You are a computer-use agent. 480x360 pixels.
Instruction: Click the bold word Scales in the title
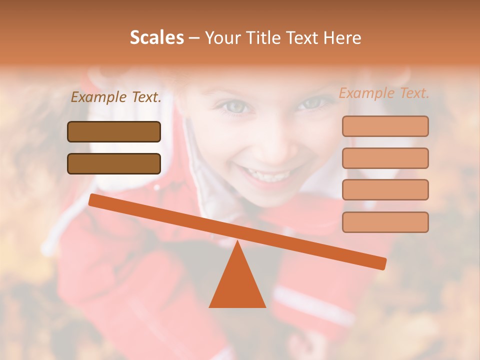coord(156,38)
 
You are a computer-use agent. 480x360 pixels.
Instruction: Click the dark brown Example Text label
coord(116,97)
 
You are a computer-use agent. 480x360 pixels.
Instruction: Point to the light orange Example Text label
coord(384,93)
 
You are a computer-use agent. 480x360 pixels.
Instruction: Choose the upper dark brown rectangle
coord(114,131)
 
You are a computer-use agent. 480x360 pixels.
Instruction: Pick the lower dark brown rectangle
coord(114,163)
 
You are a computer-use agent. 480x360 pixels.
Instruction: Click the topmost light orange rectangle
coord(385,126)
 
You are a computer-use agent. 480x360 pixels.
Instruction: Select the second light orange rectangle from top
coord(385,158)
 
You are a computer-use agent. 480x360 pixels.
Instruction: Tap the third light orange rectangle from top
coord(385,190)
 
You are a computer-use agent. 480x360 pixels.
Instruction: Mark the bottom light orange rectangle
coord(385,222)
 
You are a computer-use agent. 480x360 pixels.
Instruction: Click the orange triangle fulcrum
coord(237,285)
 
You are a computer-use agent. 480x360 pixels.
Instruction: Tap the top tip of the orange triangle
coord(237,242)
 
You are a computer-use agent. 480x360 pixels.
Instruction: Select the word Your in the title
coord(223,38)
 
